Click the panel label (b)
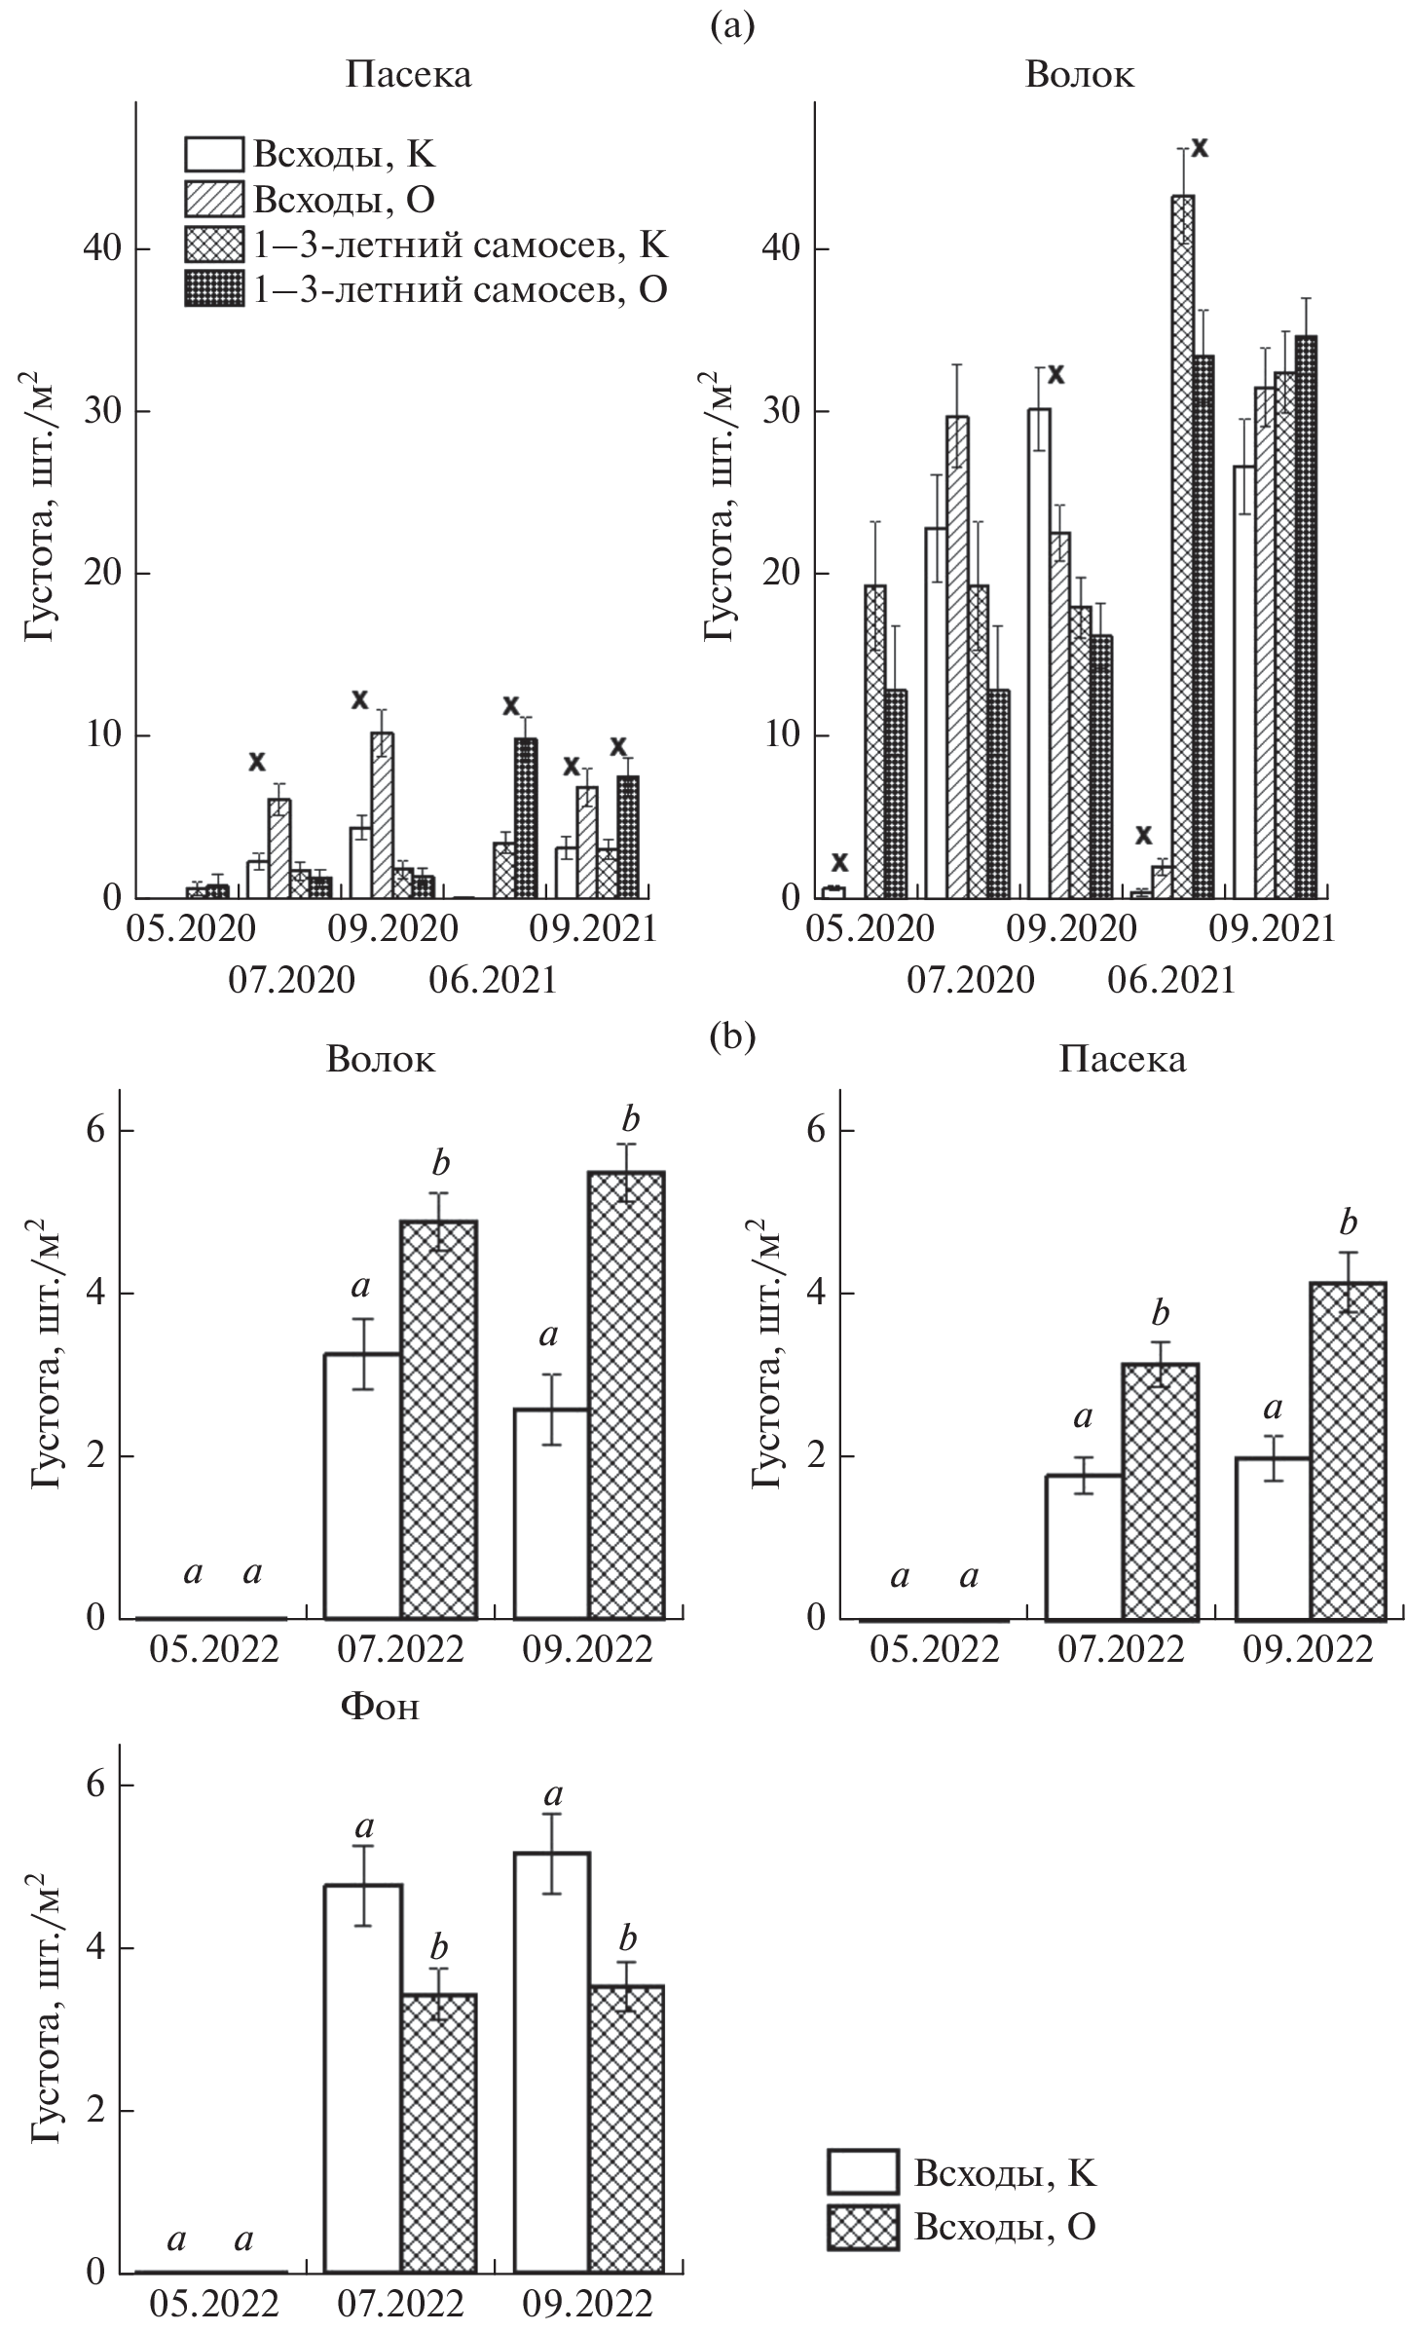click(x=732, y=1036)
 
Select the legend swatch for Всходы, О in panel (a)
click(x=214, y=200)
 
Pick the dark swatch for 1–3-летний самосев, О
click(x=214, y=290)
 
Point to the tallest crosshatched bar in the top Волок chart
click(x=1182, y=545)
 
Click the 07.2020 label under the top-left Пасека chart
click(x=291, y=980)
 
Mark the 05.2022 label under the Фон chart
click(x=213, y=2304)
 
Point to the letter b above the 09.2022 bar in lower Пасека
click(x=1348, y=1223)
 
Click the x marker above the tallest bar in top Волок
click(x=1202, y=147)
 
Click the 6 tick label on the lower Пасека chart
click(x=819, y=1131)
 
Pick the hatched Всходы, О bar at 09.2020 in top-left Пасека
click(x=382, y=814)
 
